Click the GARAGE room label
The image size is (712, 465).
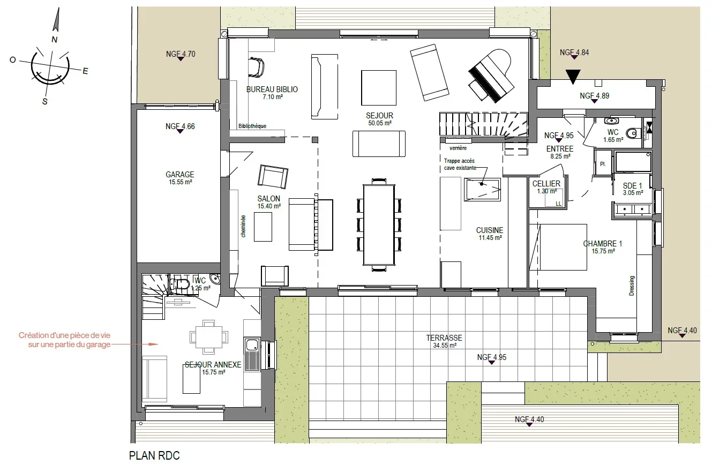coord(179,175)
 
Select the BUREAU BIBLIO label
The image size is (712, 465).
coord(272,89)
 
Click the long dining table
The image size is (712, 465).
coord(379,224)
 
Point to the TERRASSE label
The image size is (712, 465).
coord(444,338)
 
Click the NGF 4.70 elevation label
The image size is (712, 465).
coord(181,54)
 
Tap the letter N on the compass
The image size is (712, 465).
coord(54,40)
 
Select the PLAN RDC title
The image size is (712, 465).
coord(154,455)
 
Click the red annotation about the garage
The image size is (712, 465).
coord(64,340)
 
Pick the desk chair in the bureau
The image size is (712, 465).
coord(256,67)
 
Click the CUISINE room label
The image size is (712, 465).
coord(490,230)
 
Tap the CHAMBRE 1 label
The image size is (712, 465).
coord(602,244)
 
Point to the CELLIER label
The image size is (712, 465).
coord(546,184)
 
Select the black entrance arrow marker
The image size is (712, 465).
coord(573,77)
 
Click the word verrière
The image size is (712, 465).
coord(458,148)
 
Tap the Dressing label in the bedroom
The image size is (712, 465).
coord(632,286)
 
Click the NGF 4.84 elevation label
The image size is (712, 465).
coord(574,52)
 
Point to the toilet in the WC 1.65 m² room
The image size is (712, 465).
coord(633,133)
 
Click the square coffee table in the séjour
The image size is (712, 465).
coord(379,88)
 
